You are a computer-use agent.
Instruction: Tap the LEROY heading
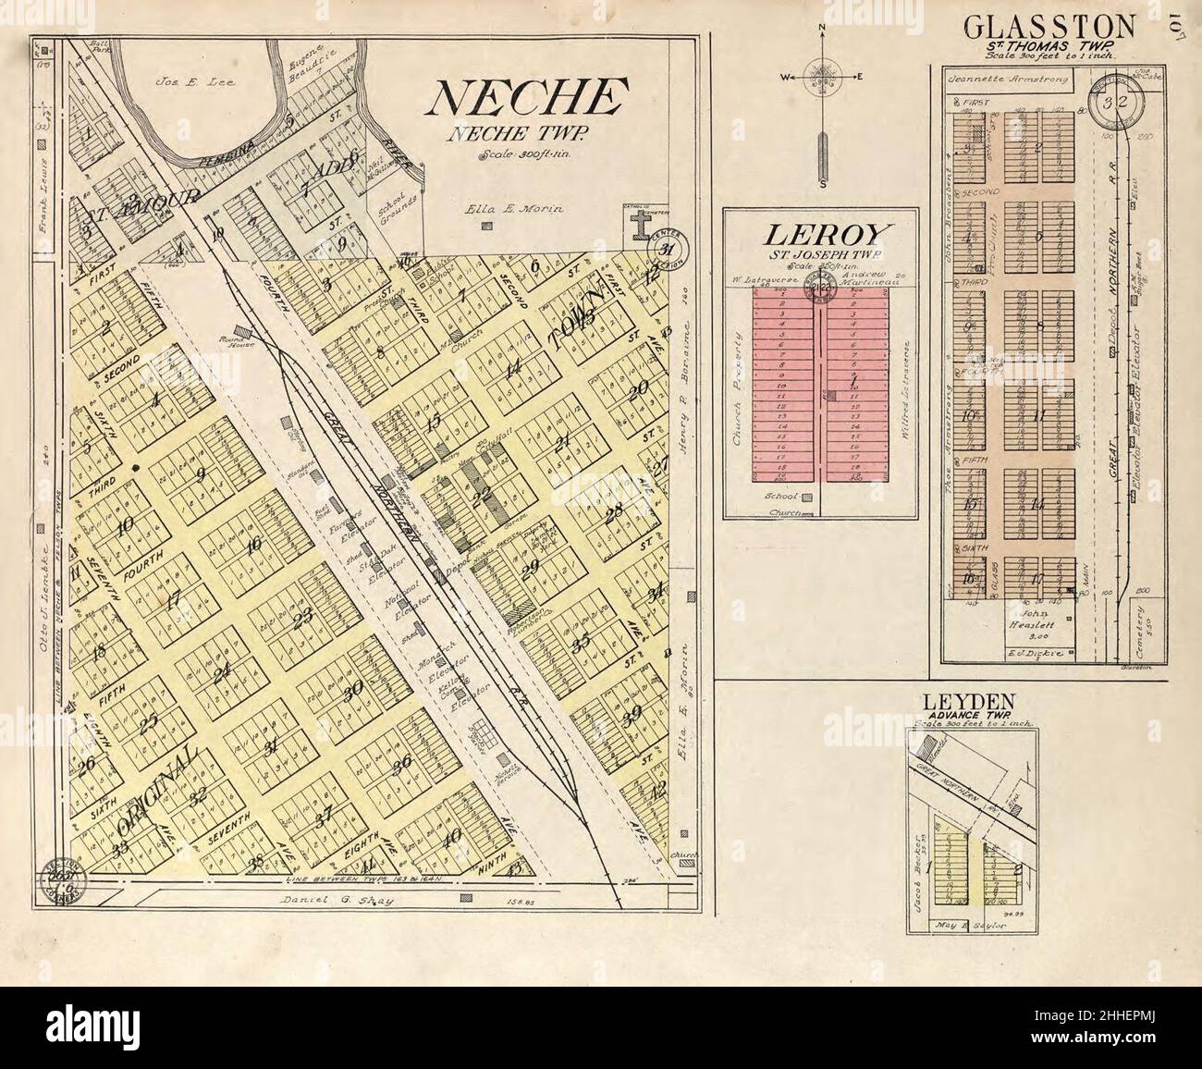click(819, 234)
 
